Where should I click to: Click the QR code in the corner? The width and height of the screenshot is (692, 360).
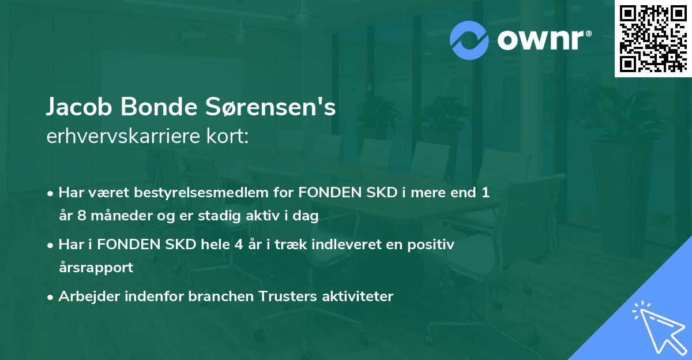pos(653,38)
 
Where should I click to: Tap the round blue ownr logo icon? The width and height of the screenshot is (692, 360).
pos(469,40)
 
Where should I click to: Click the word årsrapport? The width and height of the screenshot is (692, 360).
pos(96,268)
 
